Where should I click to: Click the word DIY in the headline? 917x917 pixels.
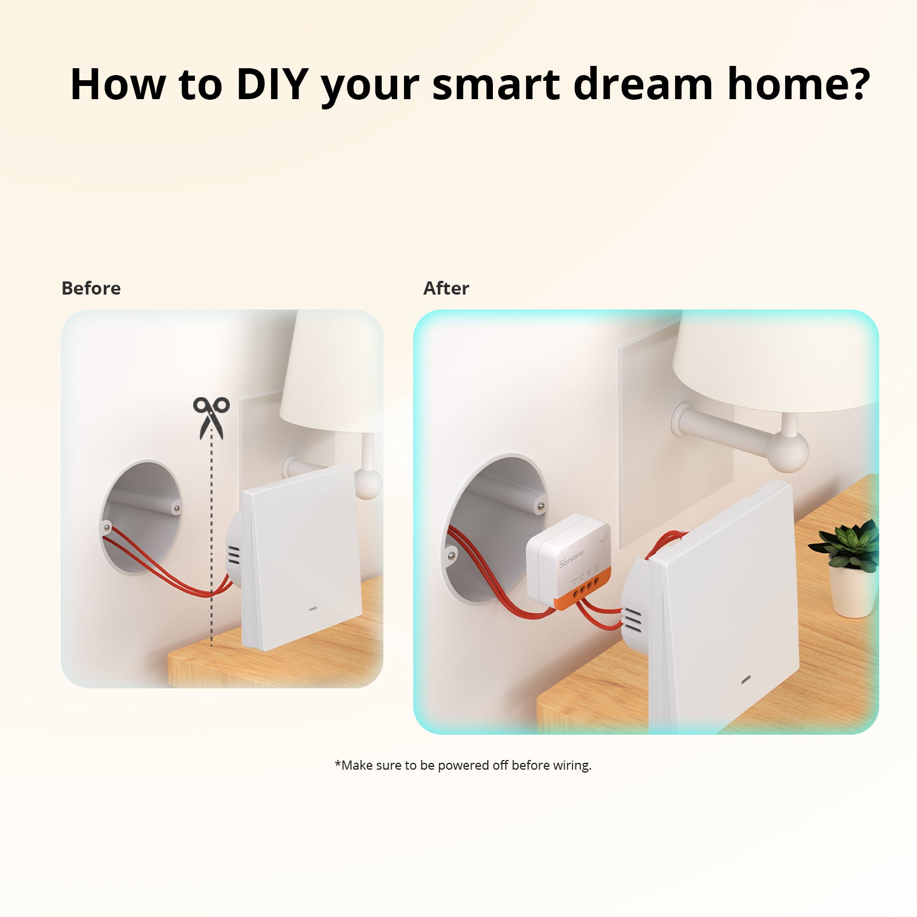click(x=273, y=84)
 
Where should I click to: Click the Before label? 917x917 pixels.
click(x=91, y=288)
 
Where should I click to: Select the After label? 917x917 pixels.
click(x=446, y=288)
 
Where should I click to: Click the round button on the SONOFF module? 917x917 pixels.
click(x=604, y=538)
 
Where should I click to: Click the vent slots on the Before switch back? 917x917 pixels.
click(x=233, y=557)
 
